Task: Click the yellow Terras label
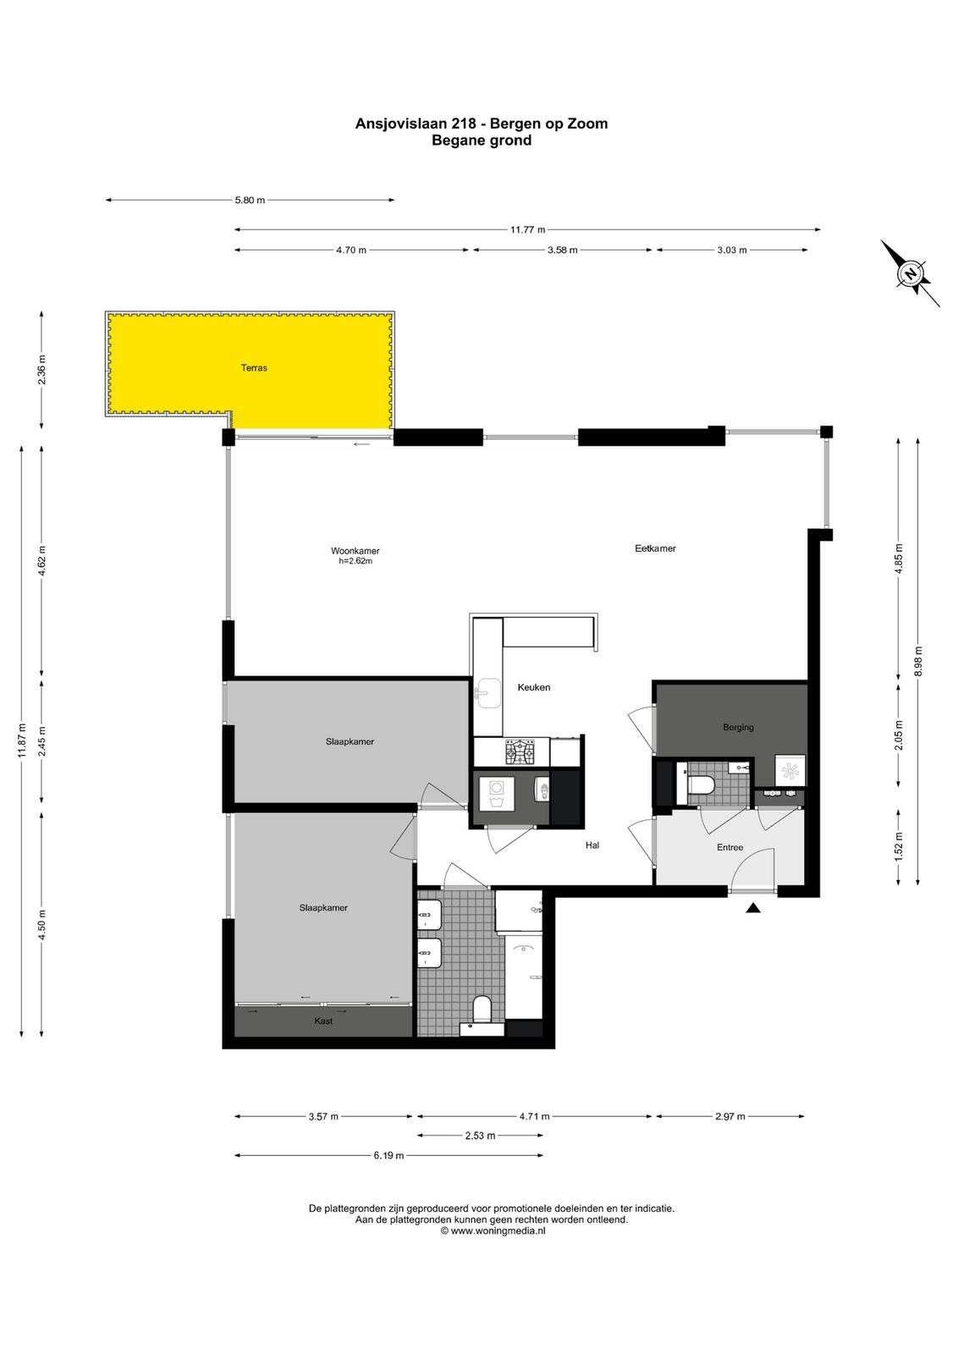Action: (x=254, y=367)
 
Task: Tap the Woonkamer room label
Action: (x=355, y=551)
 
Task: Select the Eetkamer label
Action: (x=655, y=548)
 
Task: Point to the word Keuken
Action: (x=534, y=687)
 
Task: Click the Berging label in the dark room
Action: (x=738, y=727)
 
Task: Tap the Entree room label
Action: (x=730, y=847)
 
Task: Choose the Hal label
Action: (x=592, y=845)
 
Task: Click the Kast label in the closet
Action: (x=323, y=1021)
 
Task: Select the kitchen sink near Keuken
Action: (x=487, y=693)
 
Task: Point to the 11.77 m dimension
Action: (x=527, y=229)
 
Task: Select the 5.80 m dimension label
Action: (x=251, y=200)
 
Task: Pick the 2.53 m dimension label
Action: (x=480, y=1136)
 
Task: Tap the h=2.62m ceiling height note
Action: (x=355, y=560)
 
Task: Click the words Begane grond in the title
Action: (x=481, y=140)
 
